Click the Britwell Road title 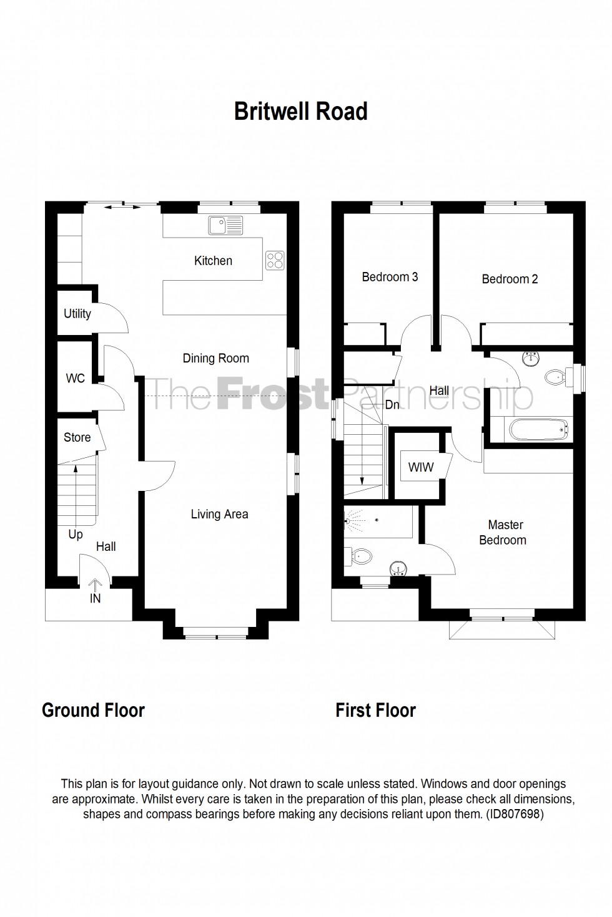click(x=300, y=112)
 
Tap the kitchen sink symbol click(x=225, y=225)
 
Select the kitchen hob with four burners click(x=275, y=260)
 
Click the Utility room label click(x=77, y=314)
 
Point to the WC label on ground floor click(x=75, y=379)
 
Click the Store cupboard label click(x=77, y=437)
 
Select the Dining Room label click(x=215, y=358)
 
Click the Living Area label click(x=219, y=514)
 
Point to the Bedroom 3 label click(x=390, y=277)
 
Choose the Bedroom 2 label click(x=510, y=279)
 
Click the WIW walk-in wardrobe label click(x=420, y=467)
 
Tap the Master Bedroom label click(x=503, y=532)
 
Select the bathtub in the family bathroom click(x=538, y=429)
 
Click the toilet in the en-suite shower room click(x=362, y=555)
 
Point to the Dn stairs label click(x=392, y=405)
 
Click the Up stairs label click(x=76, y=534)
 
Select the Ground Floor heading click(x=93, y=710)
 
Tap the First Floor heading click(x=375, y=710)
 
